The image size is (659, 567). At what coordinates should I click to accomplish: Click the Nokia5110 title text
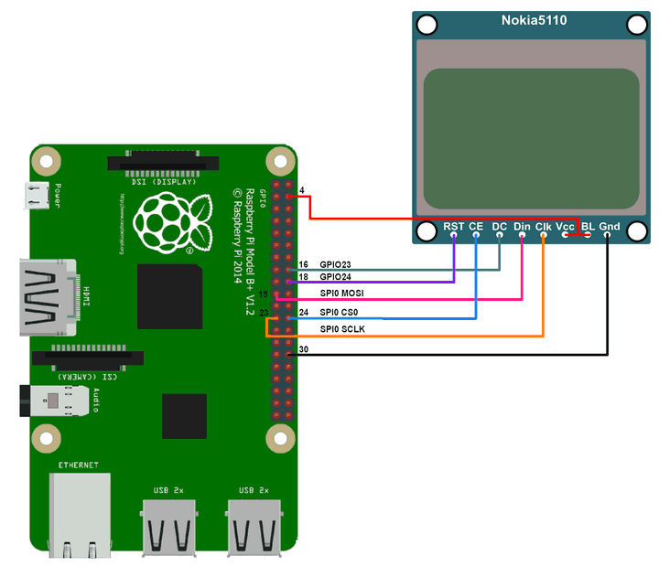(534, 21)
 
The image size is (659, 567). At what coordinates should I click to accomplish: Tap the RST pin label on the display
(453, 226)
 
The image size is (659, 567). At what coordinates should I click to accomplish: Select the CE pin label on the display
(476, 226)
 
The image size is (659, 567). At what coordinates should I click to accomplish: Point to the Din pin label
(522, 226)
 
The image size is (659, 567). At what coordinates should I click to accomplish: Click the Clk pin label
(544, 226)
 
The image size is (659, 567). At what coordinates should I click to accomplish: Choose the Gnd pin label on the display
(610, 226)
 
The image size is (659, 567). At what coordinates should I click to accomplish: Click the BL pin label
(588, 226)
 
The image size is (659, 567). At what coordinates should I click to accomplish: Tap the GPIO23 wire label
(336, 263)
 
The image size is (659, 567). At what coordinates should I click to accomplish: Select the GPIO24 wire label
(336, 276)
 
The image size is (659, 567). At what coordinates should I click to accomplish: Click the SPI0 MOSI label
(342, 293)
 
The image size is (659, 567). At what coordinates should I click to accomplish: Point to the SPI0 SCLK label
(342, 327)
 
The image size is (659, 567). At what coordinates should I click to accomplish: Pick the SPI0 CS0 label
(340, 313)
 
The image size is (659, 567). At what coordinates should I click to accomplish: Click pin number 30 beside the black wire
(304, 348)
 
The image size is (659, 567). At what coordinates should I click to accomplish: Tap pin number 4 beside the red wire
(302, 190)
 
